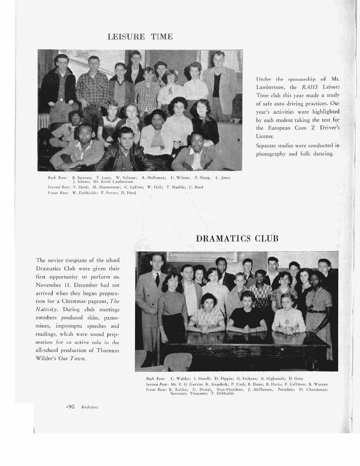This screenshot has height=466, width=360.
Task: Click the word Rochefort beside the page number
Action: (90, 407)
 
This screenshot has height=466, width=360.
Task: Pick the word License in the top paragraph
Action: (264, 136)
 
